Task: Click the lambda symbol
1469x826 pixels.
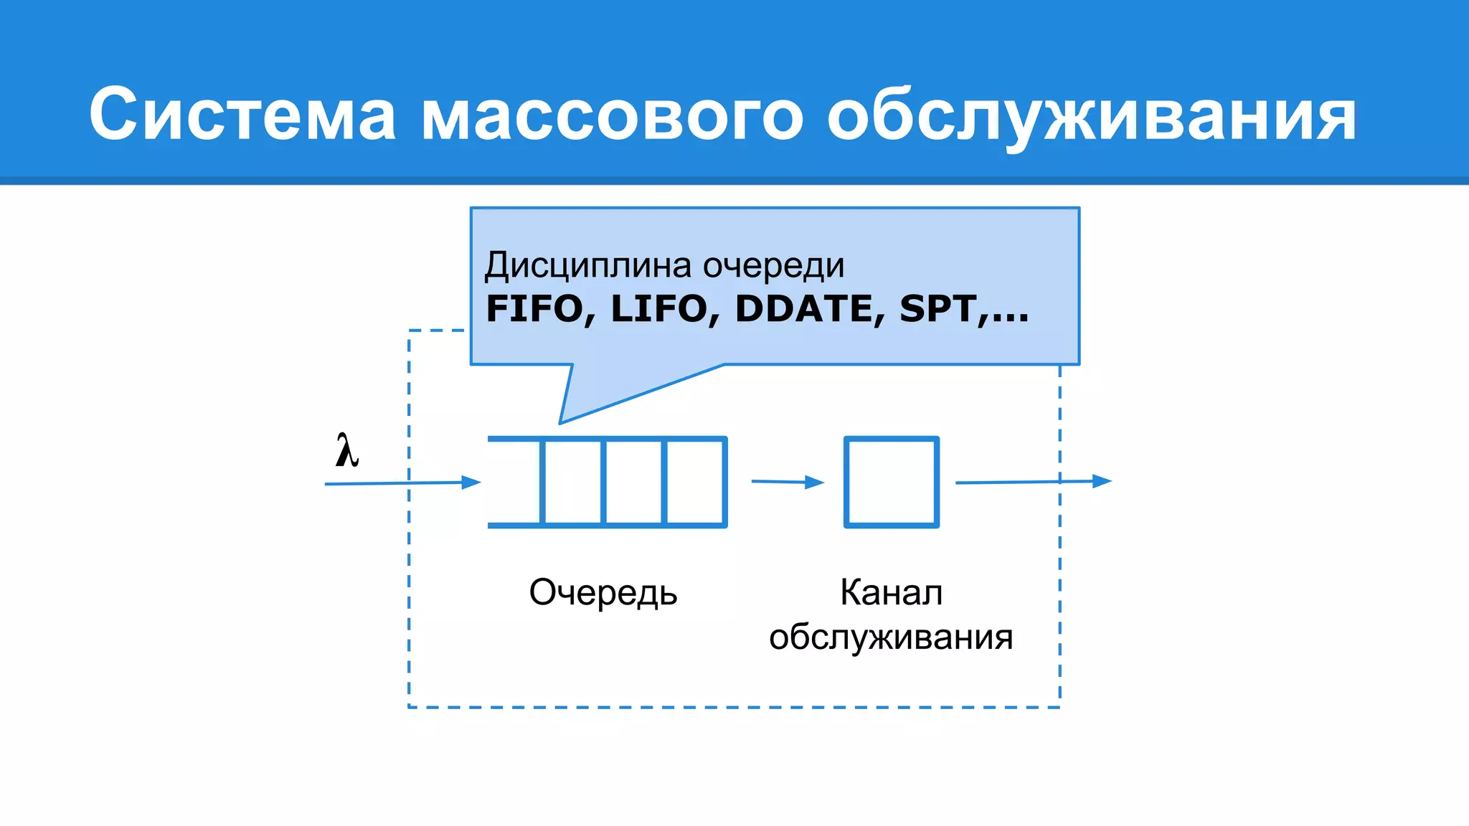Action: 347,451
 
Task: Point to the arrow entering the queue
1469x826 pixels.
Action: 402,483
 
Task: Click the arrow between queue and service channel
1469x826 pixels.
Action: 788,482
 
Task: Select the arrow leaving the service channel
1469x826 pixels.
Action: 1033,482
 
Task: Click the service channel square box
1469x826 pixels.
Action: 891,482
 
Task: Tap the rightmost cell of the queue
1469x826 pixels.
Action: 694,482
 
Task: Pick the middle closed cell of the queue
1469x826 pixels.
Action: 633,482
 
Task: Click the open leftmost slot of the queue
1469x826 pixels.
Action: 514,482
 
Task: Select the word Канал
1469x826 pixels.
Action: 891,593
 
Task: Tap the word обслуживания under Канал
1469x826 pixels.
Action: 891,637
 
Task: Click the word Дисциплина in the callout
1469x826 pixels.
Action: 589,265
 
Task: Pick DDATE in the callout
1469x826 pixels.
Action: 803,309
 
